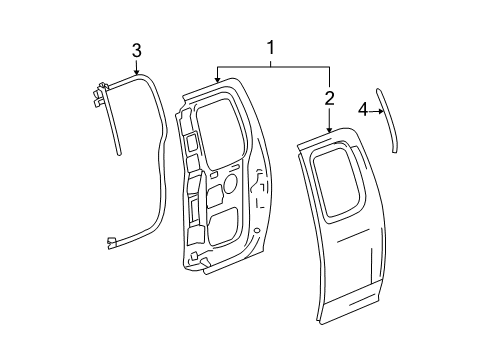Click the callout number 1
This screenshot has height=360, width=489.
[x=270, y=47]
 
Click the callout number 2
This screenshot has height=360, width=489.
[x=329, y=97]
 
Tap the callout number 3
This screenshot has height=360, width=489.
[x=137, y=50]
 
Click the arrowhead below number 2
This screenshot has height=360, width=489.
[x=329, y=131]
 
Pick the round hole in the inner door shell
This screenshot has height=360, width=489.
[x=229, y=184]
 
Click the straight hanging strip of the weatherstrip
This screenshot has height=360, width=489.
[x=116, y=130]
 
